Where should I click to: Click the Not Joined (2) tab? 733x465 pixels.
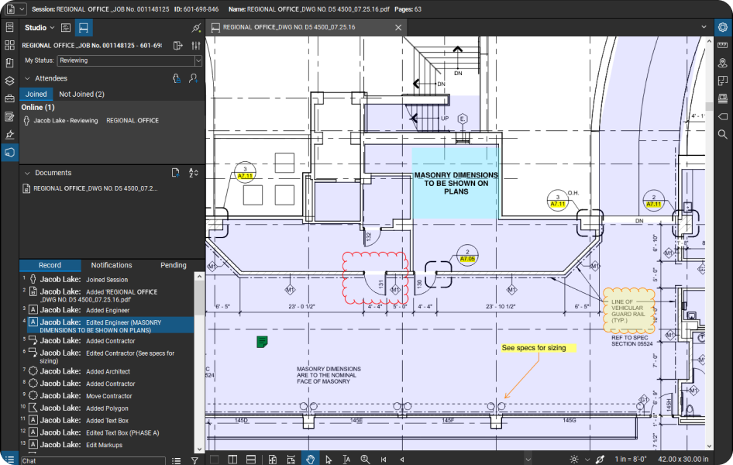[x=81, y=94]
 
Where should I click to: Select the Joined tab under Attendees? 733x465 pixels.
[x=36, y=94]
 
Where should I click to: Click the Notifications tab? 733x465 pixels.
[x=112, y=265]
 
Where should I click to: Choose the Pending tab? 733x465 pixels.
[x=173, y=265]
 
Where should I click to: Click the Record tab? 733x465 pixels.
[x=50, y=265]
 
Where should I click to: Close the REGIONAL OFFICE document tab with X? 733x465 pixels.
[x=398, y=27]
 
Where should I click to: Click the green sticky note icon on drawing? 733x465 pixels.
[x=262, y=341]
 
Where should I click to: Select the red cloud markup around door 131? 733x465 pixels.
[x=376, y=277]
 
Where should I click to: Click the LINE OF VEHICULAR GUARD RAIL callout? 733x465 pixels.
[x=628, y=310]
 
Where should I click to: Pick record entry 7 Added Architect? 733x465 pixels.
[x=108, y=371]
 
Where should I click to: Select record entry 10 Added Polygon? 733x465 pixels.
[x=107, y=408]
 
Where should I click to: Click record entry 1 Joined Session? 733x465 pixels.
[x=107, y=280]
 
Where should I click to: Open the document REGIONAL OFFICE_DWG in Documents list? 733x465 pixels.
[x=95, y=188]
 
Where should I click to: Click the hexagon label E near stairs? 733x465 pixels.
[x=463, y=119]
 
